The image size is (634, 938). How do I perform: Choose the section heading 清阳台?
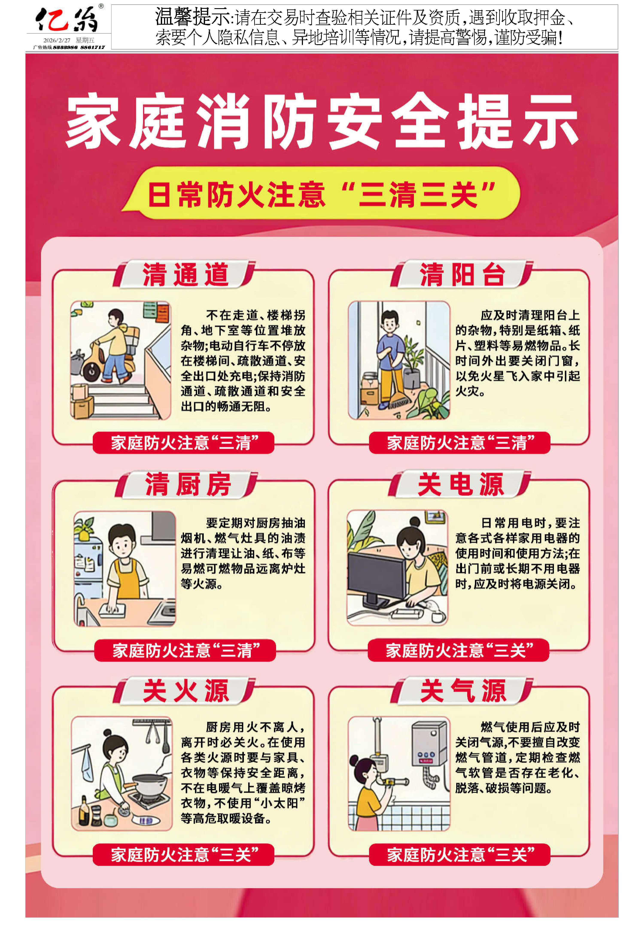(462, 275)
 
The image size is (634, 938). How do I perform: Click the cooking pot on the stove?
(149, 784)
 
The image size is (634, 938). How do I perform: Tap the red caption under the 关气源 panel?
(459, 855)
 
